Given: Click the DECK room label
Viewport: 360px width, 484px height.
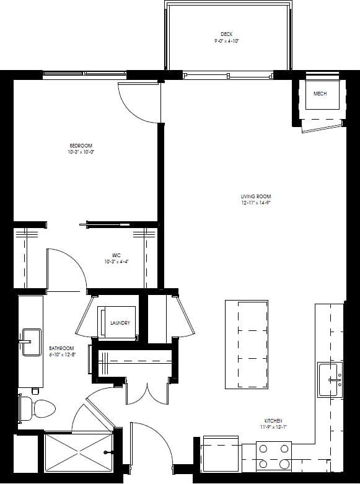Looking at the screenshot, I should pos(226,34).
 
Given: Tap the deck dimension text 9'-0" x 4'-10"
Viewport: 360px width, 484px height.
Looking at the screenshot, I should pos(226,40).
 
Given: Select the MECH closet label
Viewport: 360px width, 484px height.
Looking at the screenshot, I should pos(320,94).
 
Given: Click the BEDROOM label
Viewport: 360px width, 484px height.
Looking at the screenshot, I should pos(80,146).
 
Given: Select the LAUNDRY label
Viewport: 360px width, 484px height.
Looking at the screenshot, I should pos(120,323).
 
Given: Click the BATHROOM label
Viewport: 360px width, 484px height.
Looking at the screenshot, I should pos(62,348).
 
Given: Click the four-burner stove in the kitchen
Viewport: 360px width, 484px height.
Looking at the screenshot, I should pos(274,456).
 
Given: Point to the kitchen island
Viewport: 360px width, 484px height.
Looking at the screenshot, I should pos(246,345).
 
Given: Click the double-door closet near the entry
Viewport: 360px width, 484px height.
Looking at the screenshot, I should pos(146,390).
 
